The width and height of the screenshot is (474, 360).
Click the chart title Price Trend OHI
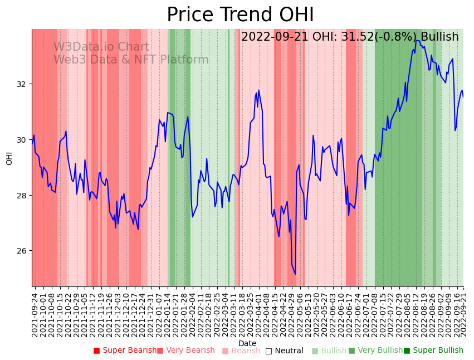[x=240, y=15]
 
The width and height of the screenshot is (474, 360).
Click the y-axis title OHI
[x=9, y=158]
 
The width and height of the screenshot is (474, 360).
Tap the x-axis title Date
[x=247, y=344]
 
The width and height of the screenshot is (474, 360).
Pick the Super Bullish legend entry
[x=433, y=351]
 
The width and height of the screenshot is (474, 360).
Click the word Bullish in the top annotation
[x=439, y=37]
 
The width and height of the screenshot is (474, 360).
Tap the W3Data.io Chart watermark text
[x=101, y=47]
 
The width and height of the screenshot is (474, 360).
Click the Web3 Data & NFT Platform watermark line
[x=131, y=60]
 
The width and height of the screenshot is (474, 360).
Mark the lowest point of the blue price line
[x=295, y=274]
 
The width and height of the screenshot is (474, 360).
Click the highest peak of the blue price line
[x=416, y=40]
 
